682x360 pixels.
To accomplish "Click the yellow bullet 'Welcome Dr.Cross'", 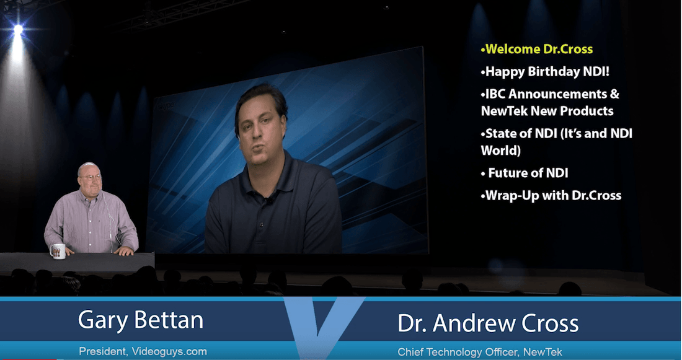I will tap(537, 49).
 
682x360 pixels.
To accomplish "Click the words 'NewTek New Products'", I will tap(547, 111).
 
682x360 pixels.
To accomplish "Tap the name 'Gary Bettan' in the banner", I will tap(141, 320).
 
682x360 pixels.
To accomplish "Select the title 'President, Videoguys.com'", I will tap(143, 351).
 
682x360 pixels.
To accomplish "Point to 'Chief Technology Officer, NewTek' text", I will tap(480, 352).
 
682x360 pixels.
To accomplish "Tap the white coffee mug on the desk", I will tap(58, 251).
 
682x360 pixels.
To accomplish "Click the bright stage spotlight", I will tap(18, 29).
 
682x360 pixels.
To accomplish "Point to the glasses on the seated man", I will tap(91, 177).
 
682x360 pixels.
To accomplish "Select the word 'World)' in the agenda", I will tap(501, 151).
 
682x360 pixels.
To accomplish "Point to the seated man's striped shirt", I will tap(93, 217).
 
